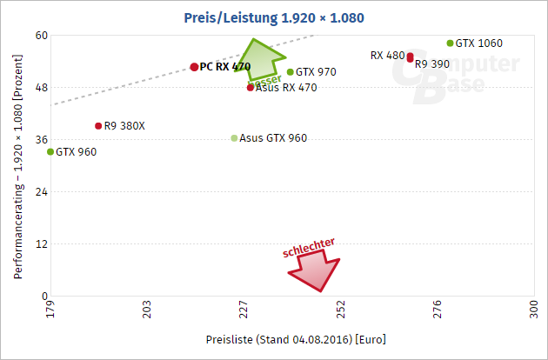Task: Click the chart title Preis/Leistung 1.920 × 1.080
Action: [274, 17]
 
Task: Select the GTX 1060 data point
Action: [450, 43]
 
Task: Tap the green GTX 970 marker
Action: [290, 72]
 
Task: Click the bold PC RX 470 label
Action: [225, 67]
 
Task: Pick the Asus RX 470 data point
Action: [251, 87]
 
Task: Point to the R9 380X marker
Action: [98, 125]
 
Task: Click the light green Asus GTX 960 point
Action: [234, 138]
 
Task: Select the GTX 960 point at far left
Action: [50, 151]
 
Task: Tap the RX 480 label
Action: [387, 55]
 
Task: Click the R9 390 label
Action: [432, 64]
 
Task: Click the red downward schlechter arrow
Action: [315, 270]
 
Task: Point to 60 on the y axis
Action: [40, 36]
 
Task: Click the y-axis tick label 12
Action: [40, 243]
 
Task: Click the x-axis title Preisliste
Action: [296, 338]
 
